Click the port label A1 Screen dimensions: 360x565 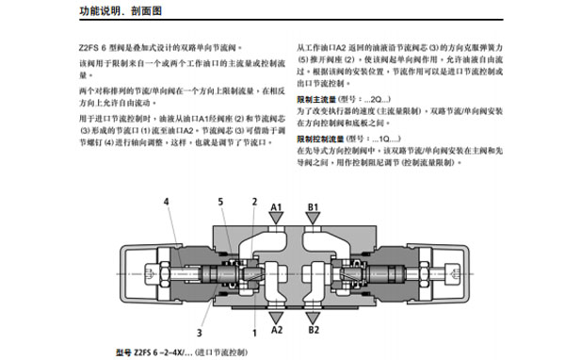tap(279, 206)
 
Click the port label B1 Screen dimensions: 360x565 tap(313, 206)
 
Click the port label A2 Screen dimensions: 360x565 tap(279, 331)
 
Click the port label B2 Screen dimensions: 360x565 tap(313, 331)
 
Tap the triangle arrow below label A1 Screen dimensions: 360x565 tap(279, 220)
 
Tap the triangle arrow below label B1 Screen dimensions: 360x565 tap(313, 220)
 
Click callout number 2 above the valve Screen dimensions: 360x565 tap(253, 202)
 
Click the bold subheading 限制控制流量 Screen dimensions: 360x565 tap(321, 139)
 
